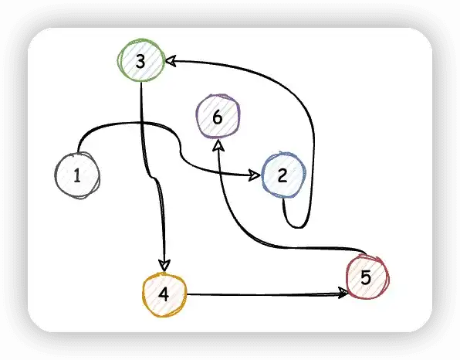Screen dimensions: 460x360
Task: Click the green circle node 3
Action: (140, 60)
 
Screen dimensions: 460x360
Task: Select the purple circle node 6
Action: (218, 116)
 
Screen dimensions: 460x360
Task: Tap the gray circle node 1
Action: (77, 175)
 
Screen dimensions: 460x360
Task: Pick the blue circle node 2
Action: (283, 175)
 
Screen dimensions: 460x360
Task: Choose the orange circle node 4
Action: (164, 295)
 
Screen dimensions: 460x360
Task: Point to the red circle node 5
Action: (367, 277)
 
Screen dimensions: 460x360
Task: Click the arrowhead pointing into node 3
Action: (171, 60)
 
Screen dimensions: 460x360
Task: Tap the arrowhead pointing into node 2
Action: (255, 175)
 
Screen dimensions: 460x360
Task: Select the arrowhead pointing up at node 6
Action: (218, 145)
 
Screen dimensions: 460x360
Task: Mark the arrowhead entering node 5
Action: (343, 293)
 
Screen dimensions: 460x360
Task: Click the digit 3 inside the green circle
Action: (140, 62)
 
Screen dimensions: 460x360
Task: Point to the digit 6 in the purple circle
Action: (218, 117)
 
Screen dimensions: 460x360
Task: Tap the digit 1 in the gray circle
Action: (77, 175)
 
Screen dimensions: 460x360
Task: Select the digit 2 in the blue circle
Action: (282, 175)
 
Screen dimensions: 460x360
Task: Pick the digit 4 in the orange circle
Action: (164, 294)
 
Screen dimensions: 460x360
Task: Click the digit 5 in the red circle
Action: (366, 277)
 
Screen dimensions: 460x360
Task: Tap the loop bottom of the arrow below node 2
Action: (297, 227)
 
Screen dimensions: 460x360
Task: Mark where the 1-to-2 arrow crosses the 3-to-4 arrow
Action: (142, 123)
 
